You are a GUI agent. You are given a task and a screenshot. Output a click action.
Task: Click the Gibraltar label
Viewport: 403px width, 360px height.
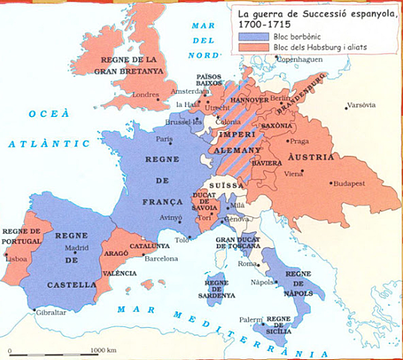(50, 311)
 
